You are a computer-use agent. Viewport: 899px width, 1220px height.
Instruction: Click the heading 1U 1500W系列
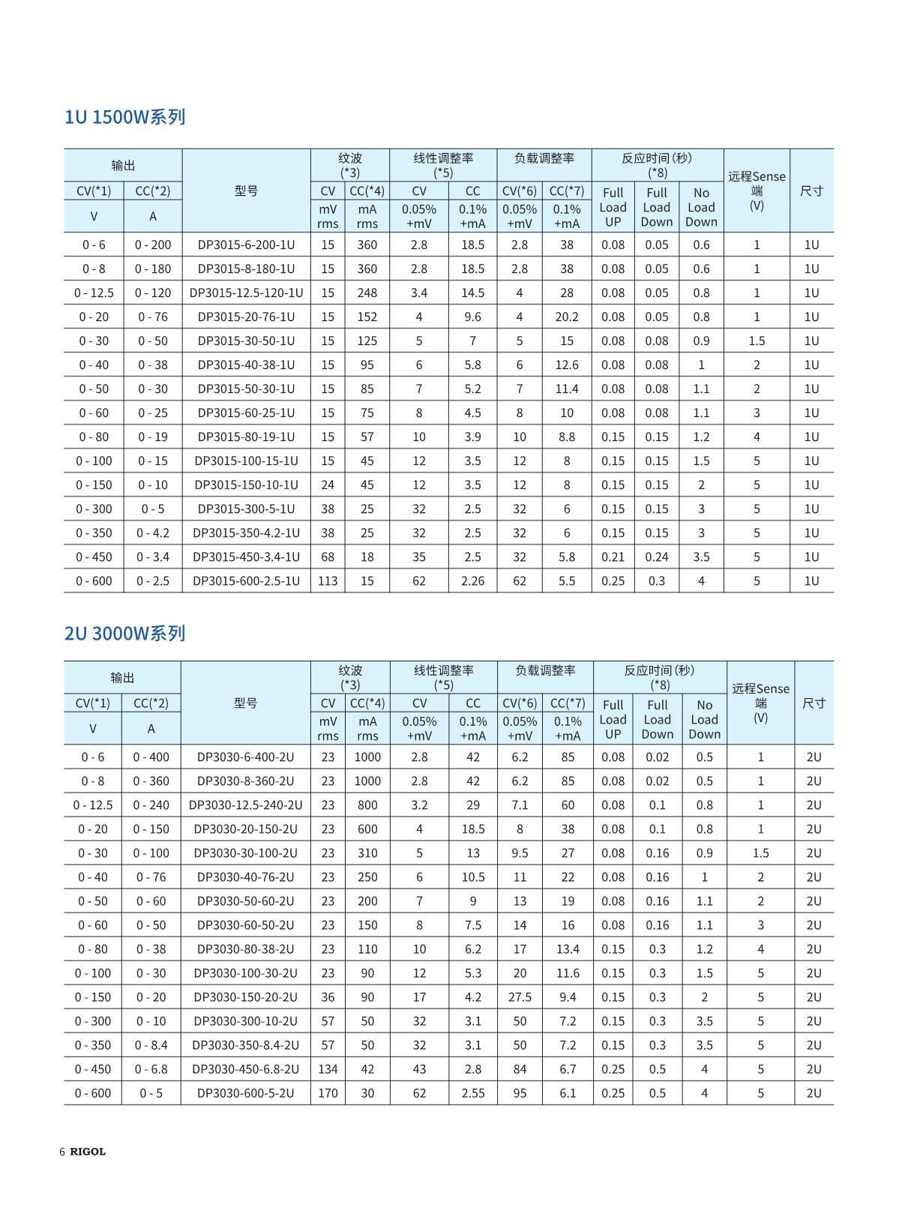coord(124,117)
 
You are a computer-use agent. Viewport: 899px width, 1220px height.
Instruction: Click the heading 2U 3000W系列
coord(124,634)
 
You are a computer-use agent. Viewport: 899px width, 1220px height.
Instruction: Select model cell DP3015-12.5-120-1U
coord(246,292)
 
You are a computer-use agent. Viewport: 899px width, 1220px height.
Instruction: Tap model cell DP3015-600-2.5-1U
coord(246,580)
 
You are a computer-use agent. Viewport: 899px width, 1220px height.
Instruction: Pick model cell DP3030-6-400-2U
coord(245,757)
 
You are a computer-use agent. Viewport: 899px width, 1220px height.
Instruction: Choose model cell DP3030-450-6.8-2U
coord(245,1069)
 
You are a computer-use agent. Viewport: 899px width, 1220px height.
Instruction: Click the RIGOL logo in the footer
coord(88,1152)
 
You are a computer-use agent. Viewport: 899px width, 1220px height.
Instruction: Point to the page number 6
coord(62,1152)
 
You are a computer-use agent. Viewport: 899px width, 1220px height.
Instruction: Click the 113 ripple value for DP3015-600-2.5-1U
coord(328,580)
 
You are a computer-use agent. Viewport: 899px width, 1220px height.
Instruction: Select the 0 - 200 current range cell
coord(153,244)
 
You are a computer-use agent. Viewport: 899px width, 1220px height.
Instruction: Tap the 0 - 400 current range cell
coord(151,757)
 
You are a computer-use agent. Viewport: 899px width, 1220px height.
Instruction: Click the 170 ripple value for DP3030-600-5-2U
coord(328,1093)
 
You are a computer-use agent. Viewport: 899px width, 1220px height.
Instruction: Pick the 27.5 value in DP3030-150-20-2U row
coord(520,997)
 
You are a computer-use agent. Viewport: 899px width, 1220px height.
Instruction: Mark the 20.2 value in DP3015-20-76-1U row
coord(567,316)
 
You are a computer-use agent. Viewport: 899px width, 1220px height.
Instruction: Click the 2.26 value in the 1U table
coord(472,580)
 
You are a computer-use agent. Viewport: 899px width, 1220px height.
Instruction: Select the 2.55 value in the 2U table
coord(473,1093)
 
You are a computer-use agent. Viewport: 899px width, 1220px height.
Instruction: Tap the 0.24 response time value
coord(657,556)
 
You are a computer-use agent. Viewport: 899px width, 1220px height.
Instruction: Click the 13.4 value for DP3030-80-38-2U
coord(568,949)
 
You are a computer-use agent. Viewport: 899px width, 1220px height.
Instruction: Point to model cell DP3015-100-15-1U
coord(246,460)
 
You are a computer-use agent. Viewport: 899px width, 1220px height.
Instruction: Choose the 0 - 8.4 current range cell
coord(151,1045)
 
